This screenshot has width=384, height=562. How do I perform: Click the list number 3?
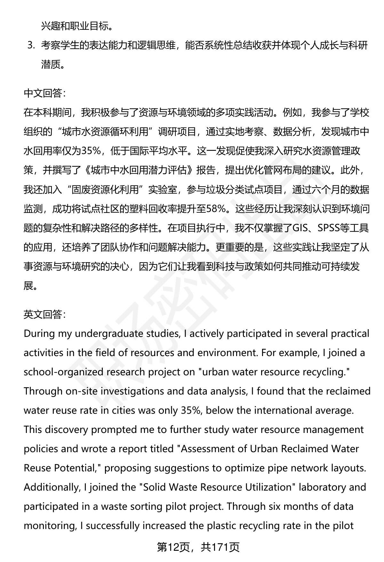pyautogui.click(x=31, y=46)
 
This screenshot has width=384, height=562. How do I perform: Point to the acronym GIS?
pyautogui.click(x=300, y=228)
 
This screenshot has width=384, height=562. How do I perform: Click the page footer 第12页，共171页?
pyautogui.click(x=198, y=547)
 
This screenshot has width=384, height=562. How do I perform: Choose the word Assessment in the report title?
pyautogui.click(x=207, y=449)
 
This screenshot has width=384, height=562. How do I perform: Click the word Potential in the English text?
pyautogui.click(x=76, y=468)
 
